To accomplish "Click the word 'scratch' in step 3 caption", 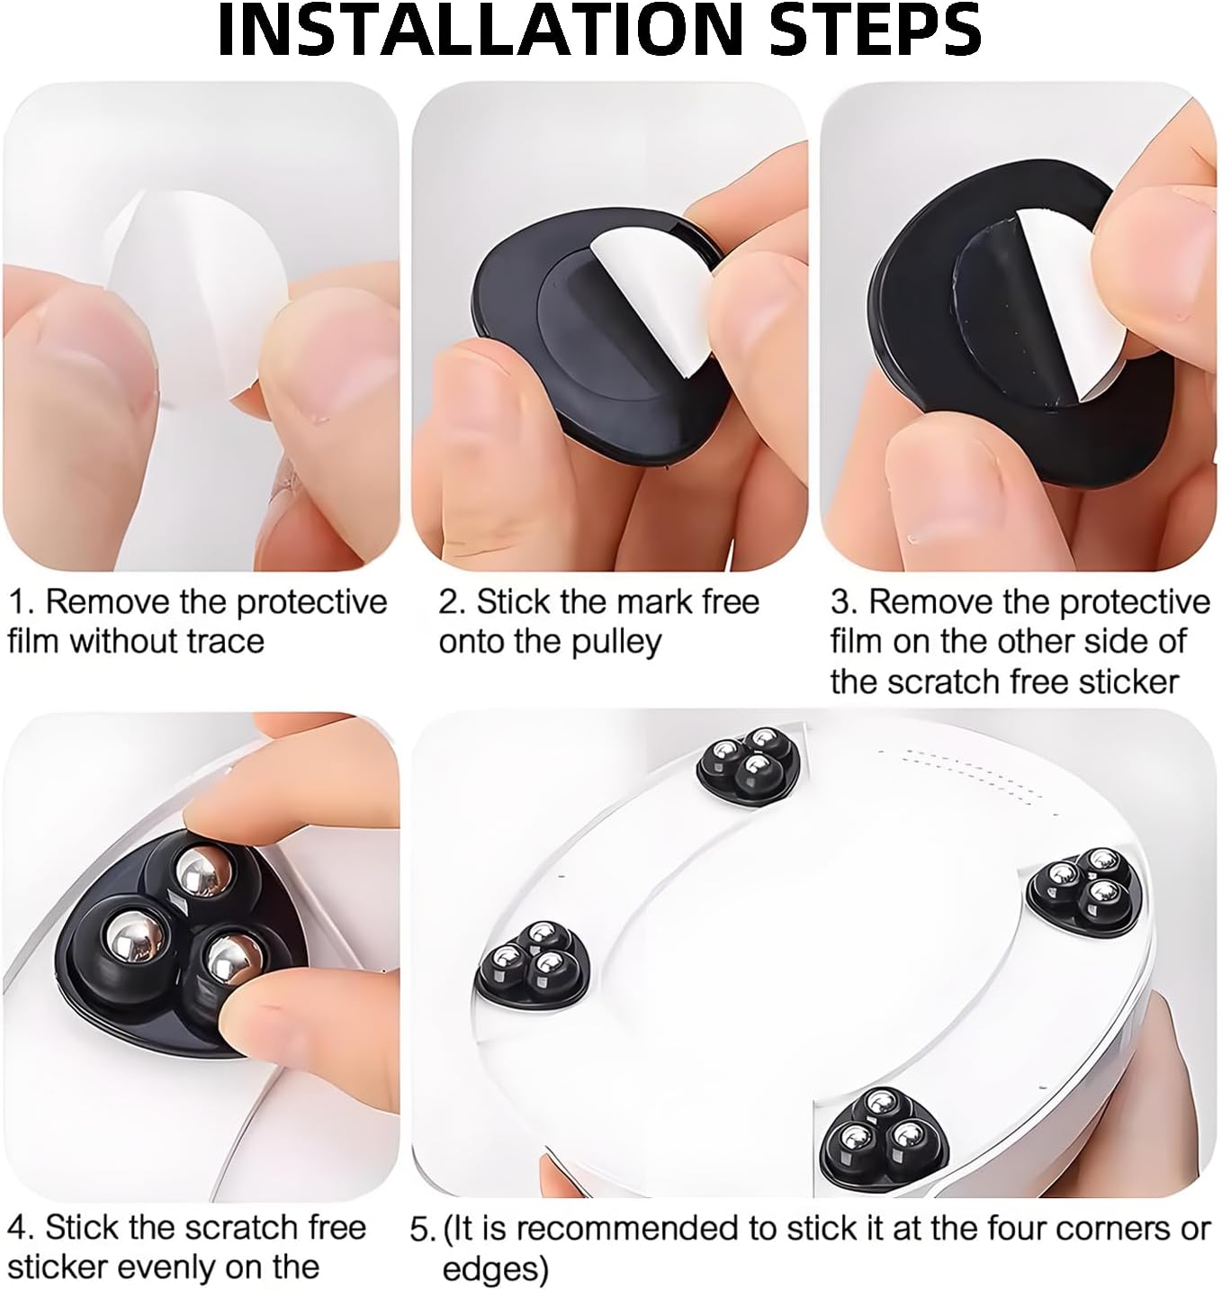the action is (x=956, y=681).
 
